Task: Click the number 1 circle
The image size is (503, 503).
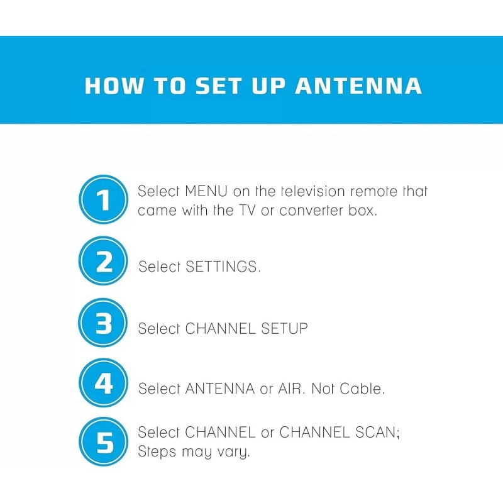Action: (x=104, y=201)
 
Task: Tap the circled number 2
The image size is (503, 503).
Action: (x=104, y=262)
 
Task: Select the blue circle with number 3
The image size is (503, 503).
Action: (x=104, y=324)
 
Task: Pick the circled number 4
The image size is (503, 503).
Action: (x=104, y=384)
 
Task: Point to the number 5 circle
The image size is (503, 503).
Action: (x=104, y=442)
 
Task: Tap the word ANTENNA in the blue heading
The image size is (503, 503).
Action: (x=358, y=86)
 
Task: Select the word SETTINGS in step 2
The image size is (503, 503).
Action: (x=223, y=267)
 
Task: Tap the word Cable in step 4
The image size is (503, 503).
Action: (x=362, y=389)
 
